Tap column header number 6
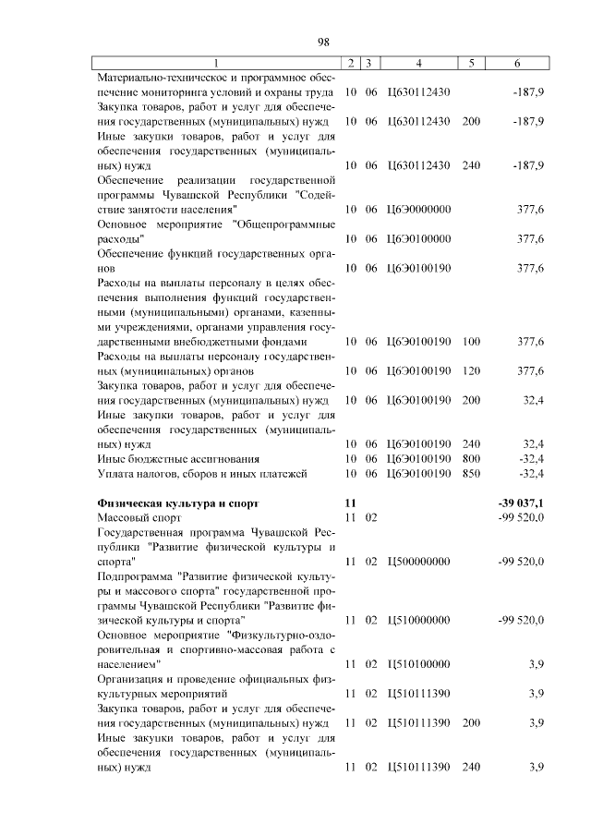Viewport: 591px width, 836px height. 516,63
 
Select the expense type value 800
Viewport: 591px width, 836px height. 471,458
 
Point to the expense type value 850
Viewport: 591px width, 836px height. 471,474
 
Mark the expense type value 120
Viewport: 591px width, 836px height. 471,371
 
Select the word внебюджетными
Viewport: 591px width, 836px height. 199,342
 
